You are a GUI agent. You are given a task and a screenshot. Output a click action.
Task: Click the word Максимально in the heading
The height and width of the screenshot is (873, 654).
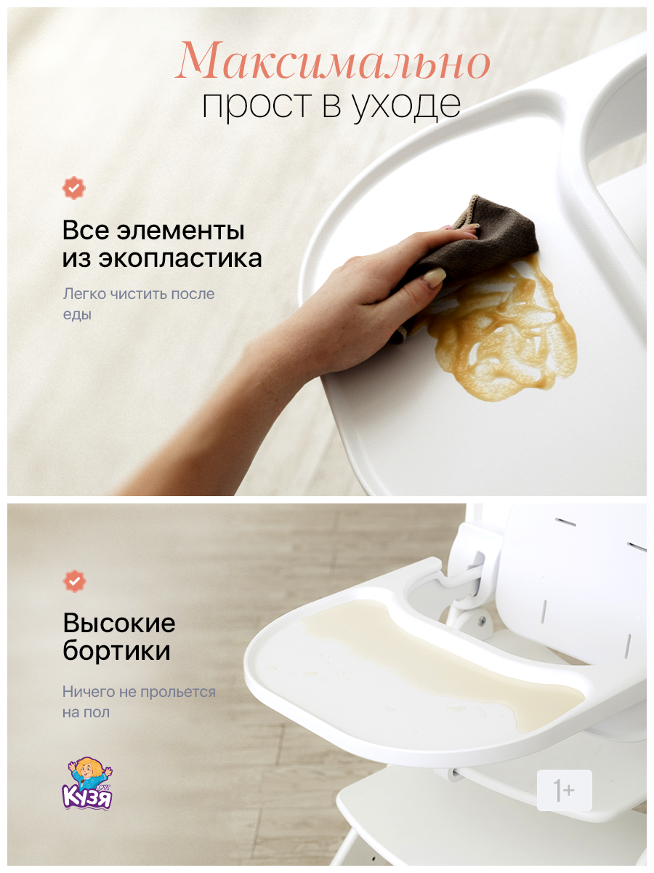pyautogui.click(x=334, y=62)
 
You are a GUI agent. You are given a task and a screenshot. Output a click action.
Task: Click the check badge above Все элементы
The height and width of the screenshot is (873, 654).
pyautogui.click(x=73, y=188)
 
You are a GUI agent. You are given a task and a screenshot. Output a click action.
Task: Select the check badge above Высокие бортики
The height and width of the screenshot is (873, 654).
pyautogui.click(x=73, y=581)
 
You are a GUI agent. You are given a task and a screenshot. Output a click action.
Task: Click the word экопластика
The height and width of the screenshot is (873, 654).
pyautogui.click(x=185, y=259)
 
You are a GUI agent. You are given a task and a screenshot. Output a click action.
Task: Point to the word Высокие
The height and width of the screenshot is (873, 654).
pyautogui.click(x=118, y=623)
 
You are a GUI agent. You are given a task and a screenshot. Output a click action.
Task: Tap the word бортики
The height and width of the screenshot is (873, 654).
pyautogui.click(x=116, y=650)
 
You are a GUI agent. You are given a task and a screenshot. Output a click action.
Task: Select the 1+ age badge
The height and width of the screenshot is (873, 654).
pyautogui.click(x=564, y=790)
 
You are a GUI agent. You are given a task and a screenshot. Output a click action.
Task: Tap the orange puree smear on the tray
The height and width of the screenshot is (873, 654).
pyautogui.click(x=509, y=327)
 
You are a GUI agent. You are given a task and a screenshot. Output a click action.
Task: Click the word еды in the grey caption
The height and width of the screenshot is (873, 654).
pyautogui.click(x=76, y=315)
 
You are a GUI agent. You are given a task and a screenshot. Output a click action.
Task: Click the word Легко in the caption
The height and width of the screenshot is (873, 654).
pyautogui.click(x=85, y=295)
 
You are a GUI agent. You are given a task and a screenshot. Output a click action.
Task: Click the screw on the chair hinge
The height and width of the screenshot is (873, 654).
pyautogui.click(x=482, y=620)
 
